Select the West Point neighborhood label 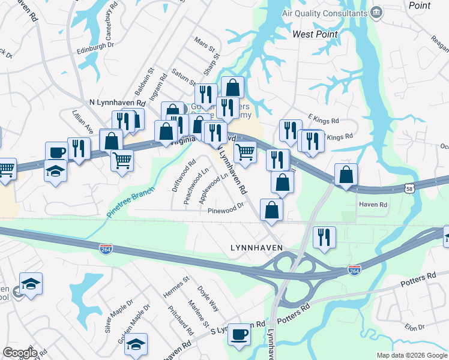[315, 34]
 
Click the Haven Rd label [373, 205]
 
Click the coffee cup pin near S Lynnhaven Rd [240, 334]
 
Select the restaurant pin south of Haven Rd [324, 236]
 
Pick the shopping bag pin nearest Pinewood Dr [272, 211]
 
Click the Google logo [20, 353]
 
